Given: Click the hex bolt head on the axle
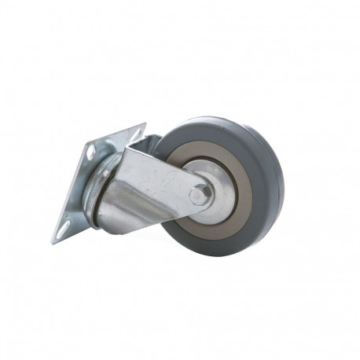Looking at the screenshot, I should click(x=199, y=195).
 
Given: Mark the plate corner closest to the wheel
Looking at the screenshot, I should click(x=145, y=124).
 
